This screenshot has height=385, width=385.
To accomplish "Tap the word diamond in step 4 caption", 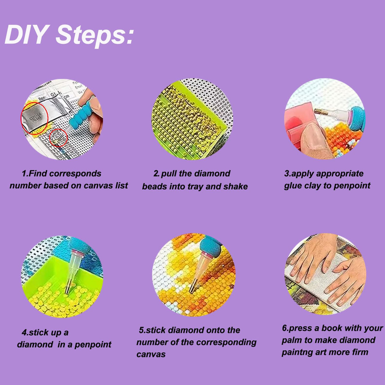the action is click(x=35, y=344).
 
